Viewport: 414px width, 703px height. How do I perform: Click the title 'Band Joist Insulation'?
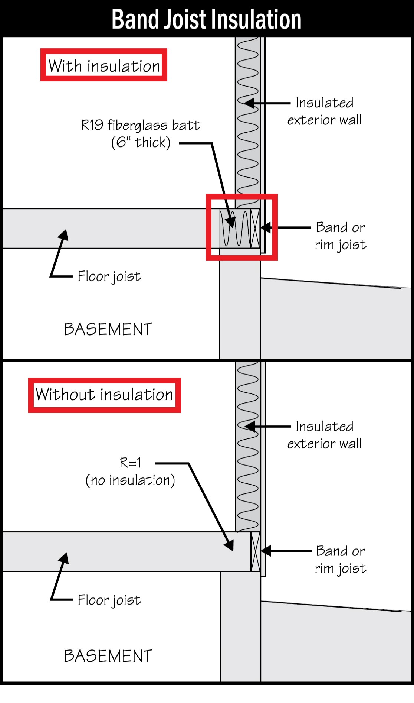(206, 19)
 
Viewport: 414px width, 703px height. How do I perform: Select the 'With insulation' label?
(104, 66)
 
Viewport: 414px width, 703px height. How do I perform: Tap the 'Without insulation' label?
(104, 394)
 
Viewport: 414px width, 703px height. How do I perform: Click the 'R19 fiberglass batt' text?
(141, 125)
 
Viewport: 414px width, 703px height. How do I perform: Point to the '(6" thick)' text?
(141, 142)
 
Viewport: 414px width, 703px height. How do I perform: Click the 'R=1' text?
(130, 463)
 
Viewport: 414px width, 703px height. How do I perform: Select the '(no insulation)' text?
(130, 480)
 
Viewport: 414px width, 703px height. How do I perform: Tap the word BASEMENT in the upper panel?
(108, 329)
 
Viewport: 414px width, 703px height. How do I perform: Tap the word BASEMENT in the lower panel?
(108, 656)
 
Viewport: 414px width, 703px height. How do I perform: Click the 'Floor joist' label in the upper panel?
(109, 276)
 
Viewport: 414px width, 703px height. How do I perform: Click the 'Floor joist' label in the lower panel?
(109, 600)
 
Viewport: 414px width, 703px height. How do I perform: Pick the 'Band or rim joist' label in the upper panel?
(341, 236)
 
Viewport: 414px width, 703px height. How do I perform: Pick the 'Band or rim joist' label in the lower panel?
(341, 560)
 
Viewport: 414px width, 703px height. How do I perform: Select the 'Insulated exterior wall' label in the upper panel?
(325, 111)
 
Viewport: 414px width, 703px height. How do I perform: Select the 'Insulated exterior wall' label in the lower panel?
(325, 435)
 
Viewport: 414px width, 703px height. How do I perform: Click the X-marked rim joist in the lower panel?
(255, 552)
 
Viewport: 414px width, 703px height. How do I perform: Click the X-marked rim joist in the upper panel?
(255, 229)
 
